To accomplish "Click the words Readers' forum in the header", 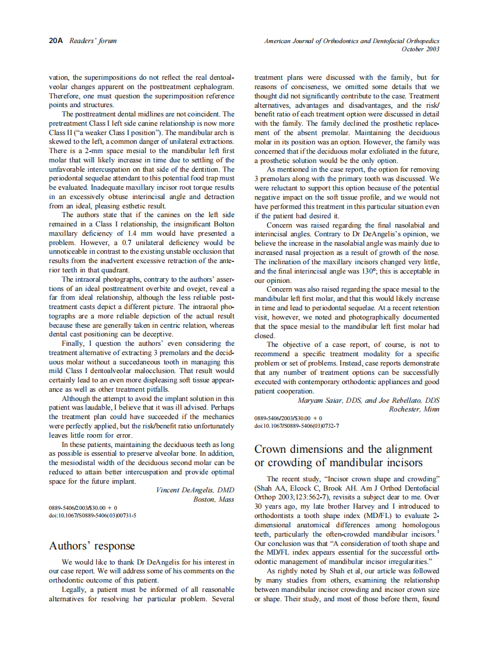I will (93, 41).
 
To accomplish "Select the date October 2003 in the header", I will (420, 49).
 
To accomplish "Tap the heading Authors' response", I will (92, 546).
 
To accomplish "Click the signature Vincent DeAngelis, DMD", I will (195, 490).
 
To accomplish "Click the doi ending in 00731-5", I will (93, 515).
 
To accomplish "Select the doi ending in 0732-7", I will (296, 425).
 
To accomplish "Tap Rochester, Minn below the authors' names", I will (414, 409).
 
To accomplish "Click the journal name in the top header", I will (351, 41).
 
